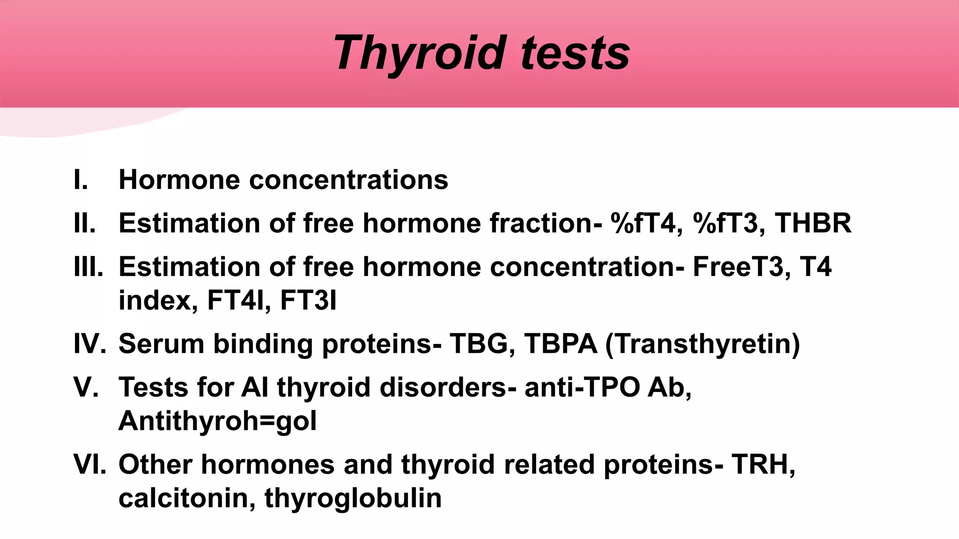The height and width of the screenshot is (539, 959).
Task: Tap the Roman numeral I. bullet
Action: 81,180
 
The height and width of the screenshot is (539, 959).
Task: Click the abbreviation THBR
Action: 813,223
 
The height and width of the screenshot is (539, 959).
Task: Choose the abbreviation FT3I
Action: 308,300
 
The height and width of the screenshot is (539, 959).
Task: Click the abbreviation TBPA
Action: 561,344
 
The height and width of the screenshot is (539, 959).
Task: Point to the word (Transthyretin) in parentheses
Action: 702,344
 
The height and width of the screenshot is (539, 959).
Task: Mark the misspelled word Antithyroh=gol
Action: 218,421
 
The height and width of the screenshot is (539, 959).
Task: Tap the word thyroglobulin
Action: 353,498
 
